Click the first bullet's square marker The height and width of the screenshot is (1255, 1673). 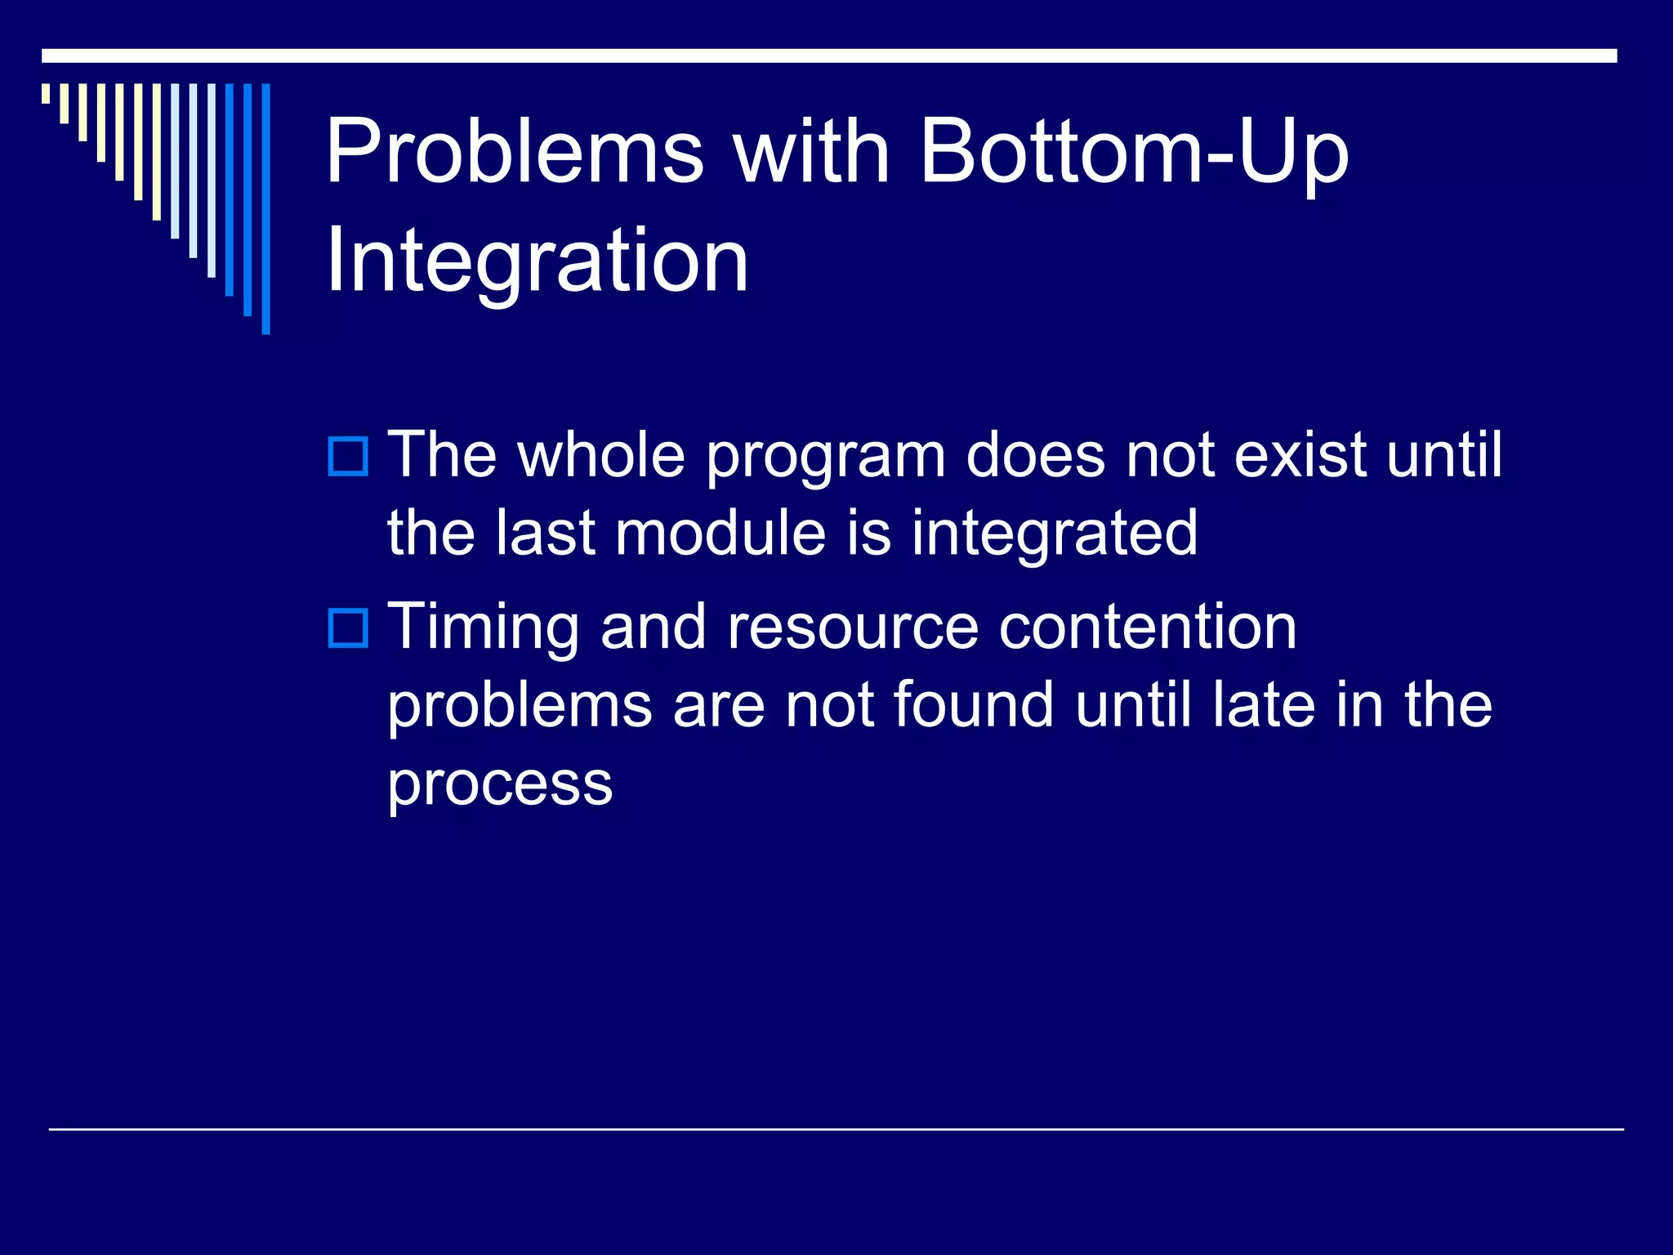coord(348,457)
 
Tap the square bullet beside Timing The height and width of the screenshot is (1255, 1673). coord(348,628)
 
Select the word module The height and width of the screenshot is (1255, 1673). coord(721,534)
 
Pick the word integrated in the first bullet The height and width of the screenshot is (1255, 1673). coord(1054,534)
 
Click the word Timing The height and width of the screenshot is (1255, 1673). coord(483,627)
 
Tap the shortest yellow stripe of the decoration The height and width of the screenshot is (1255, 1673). coord(46,93)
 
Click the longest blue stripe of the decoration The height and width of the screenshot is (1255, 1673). coord(265,208)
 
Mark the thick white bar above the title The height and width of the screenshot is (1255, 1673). coord(829,56)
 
